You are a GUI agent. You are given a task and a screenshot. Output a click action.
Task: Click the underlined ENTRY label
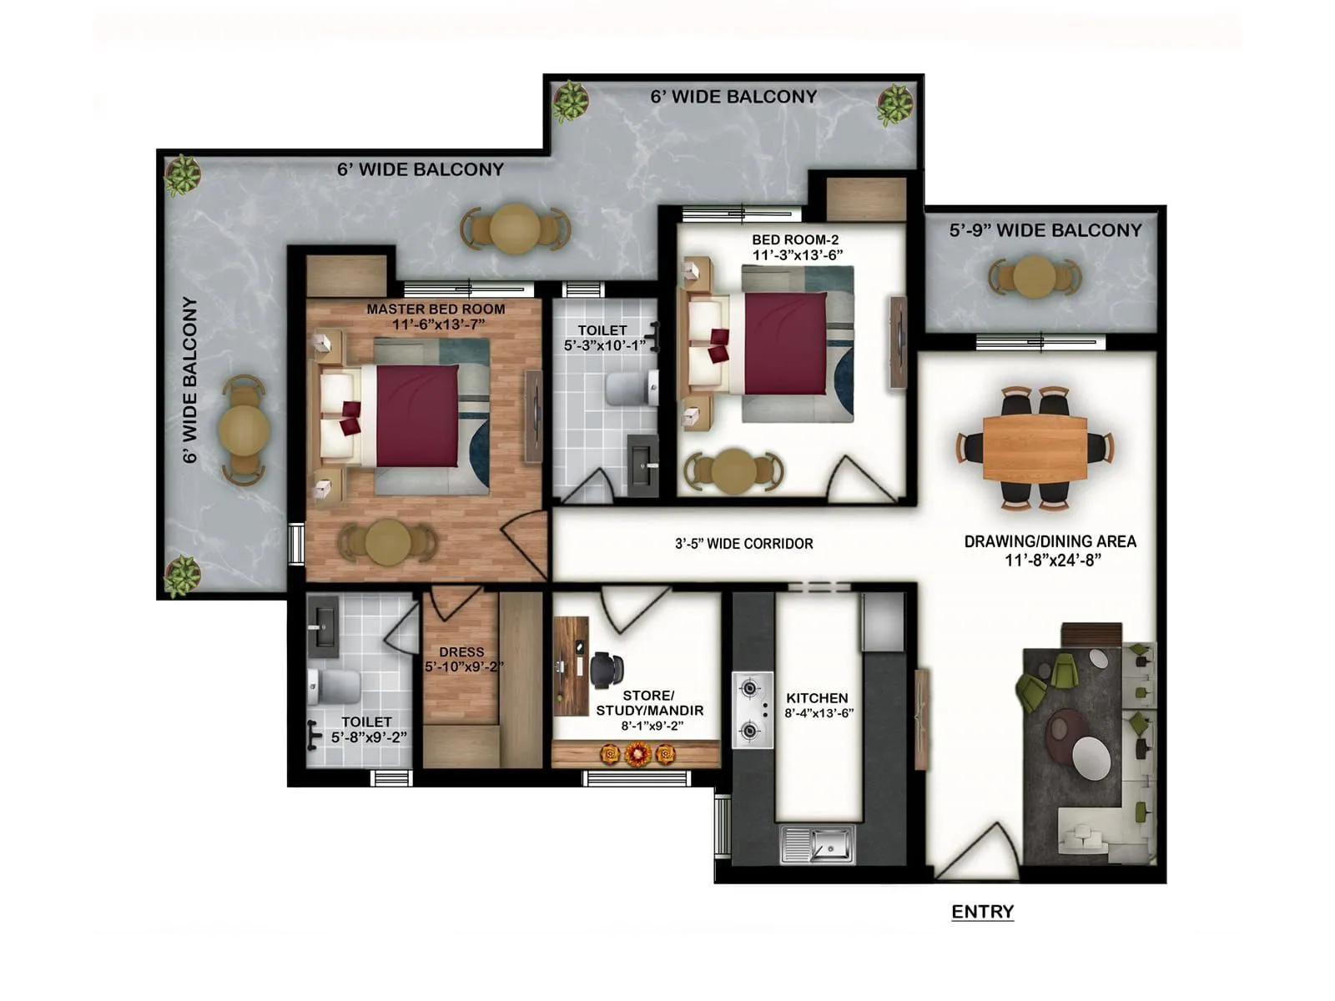tap(982, 912)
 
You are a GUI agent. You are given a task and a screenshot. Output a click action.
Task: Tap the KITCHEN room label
tap(817, 698)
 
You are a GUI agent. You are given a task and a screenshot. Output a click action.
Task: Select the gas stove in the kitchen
tap(753, 710)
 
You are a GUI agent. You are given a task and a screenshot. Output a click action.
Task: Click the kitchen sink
tap(818, 844)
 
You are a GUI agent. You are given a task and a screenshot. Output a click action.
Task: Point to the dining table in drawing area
tap(1035, 448)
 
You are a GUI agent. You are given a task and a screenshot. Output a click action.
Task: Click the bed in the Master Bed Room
tap(416, 416)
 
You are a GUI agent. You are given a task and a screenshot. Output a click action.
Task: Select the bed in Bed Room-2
tap(784, 343)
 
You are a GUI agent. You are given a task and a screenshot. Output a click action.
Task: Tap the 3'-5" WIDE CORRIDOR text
tap(743, 544)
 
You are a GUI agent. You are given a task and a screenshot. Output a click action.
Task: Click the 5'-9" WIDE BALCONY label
tap(1045, 230)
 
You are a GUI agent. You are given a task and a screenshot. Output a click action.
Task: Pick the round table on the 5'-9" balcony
tap(1035, 276)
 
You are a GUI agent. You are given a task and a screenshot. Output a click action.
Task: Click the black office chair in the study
tap(607, 670)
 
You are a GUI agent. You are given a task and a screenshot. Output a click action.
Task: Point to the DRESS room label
tap(461, 652)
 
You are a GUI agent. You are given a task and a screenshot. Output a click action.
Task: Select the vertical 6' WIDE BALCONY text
tap(190, 380)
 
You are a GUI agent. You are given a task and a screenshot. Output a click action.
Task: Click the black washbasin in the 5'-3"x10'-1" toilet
tap(642, 465)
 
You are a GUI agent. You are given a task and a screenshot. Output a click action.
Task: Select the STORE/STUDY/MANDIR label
tap(649, 702)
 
